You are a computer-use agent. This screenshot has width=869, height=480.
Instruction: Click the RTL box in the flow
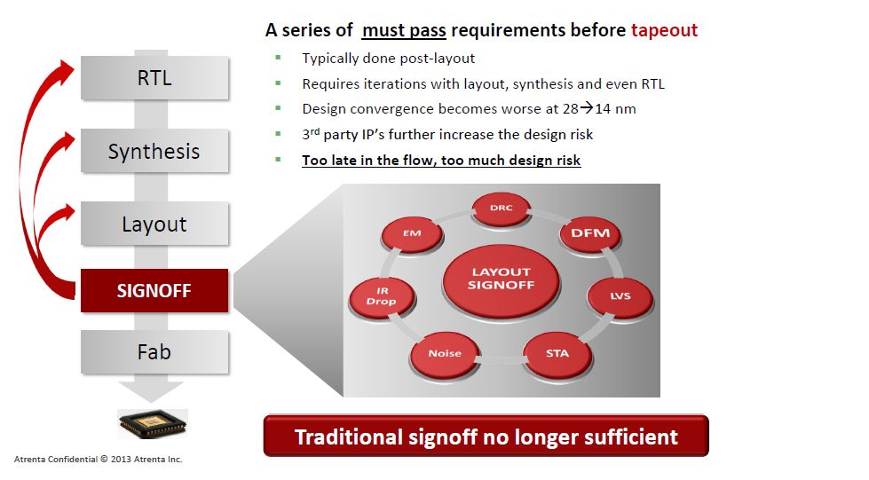(x=154, y=77)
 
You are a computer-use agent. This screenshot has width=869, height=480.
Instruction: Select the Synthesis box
(x=154, y=151)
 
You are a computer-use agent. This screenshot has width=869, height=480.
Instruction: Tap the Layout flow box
(x=154, y=224)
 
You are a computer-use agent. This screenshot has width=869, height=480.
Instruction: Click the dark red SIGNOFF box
(x=154, y=290)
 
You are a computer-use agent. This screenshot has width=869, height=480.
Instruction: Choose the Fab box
(x=154, y=352)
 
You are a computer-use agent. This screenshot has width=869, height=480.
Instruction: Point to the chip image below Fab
(x=153, y=424)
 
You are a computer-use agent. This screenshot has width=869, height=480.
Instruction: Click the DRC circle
(x=501, y=209)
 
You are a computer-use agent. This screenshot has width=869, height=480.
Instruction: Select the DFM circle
(x=590, y=234)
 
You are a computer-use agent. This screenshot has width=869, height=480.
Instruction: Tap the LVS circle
(x=620, y=297)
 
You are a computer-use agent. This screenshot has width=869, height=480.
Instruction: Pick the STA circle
(x=557, y=354)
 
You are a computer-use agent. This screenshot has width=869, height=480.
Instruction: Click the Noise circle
(x=445, y=354)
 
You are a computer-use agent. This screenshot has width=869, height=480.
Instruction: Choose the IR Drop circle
(x=382, y=296)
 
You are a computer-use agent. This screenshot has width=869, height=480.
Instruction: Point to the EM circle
(x=412, y=234)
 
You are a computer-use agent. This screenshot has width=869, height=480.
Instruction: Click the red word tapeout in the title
(x=664, y=30)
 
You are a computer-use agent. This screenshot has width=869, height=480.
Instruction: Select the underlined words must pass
(x=404, y=30)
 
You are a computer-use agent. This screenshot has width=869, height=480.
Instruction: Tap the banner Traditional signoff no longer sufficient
(x=486, y=437)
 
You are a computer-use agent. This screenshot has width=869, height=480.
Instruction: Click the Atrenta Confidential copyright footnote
(x=99, y=459)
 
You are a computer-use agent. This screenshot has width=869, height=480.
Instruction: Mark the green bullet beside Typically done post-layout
(x=278, y=58)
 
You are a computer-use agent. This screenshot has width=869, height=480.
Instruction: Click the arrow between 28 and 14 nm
(x=587, y=108)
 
